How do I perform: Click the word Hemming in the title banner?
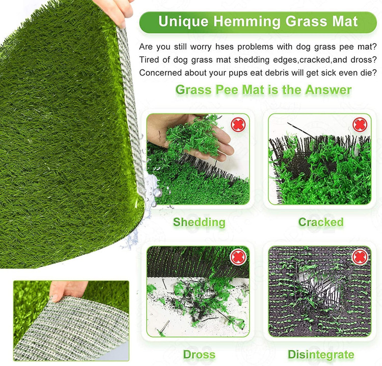point(247,21)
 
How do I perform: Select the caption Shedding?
point(199,223)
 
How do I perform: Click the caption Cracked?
point(321,222)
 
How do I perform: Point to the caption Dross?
point(199,355)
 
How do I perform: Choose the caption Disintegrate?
point(321,355)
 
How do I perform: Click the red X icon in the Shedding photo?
point(238,125)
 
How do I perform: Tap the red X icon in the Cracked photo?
point(360,125)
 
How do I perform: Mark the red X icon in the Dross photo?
point(238,257)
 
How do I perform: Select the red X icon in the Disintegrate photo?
point(360,257)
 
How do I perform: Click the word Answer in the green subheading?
point(328,90)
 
